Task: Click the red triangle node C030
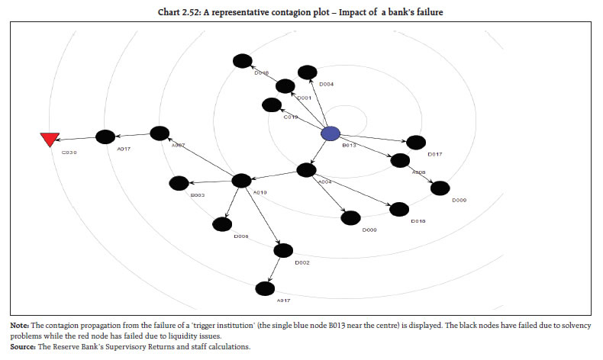pyautogui.click(x=50, y=139)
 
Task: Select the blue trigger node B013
pyautogui.click(x=330, y=133)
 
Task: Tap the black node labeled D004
pyautogui.click(x=307, y=72)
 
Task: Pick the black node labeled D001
pyautogui.click(x=285, y=86)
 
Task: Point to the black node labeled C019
pyautogui.click(x=270, y=105)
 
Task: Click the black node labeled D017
pyautogui.click(x=416, y=143)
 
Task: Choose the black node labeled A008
pyautogui.click(x=399, y=161)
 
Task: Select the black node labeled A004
pyautogui.click(x=307, y=170)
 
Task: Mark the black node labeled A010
pyautogui.click(x=241, y=181)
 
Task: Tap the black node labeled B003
pyautogui.click(x=179, y=183)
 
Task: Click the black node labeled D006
pyautogui.click(x=222, y=224)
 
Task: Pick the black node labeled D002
pyautogui.click(x=283, y=249)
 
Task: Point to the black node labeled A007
pyautogui.click(x=160, y=133)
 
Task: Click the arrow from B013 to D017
pyautogui.click(x=373, y=138)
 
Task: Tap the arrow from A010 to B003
pyautogui.click(x=210, y=182)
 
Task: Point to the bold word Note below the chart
pyautogui.click(x=19, y=326)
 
